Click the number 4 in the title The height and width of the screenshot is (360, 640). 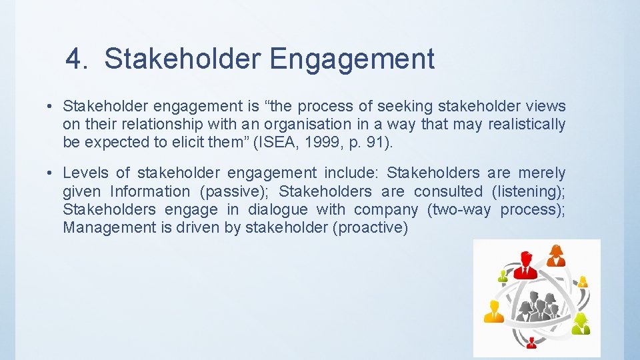pos(76,59)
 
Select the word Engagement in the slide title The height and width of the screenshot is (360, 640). pos(352,59)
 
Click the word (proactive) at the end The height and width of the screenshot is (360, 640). pos(371,227)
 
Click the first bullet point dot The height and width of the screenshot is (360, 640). pos(50,107)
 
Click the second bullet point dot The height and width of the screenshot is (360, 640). pos(50,173)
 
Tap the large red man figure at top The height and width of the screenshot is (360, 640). pos(525,265)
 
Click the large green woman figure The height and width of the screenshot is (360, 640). pos(581,323)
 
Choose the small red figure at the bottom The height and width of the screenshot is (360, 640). pos(531,343)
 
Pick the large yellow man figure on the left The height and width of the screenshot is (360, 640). pos(493,311)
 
